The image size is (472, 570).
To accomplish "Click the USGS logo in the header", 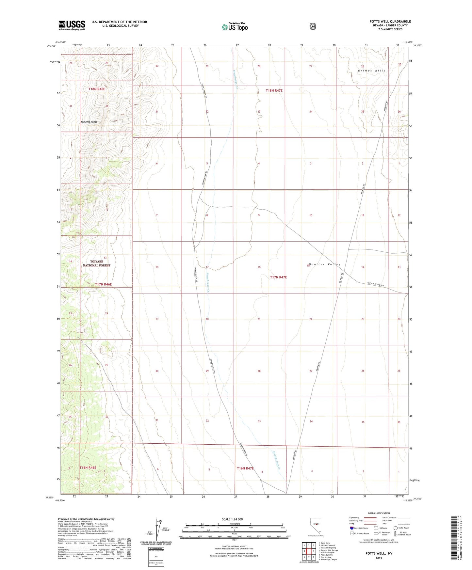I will pos(72,25).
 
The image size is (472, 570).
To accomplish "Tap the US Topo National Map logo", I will pos(235,26).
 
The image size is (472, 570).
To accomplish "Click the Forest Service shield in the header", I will pos(313,26).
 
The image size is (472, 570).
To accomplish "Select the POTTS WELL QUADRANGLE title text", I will pos(390,22).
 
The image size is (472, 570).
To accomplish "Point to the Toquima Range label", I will pos(89,122).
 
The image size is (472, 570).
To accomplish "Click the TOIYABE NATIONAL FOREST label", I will pos(96,263).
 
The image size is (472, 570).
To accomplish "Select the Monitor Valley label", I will pos(324,264).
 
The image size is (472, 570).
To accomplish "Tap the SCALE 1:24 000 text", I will pos(232,519).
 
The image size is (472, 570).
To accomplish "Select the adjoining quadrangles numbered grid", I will pos(309,551).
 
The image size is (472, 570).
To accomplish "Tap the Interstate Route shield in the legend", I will pos(351,528).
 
